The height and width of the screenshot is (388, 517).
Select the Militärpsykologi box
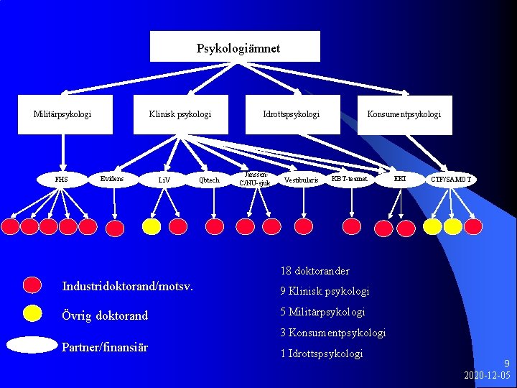tap(62, 114)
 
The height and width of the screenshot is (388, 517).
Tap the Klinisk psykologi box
tap(180, 114)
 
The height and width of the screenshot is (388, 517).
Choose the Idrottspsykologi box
tap(291, 114)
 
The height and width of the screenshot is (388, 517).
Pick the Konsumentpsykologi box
tap(404, 114)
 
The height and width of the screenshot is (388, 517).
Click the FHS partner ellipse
tap(62, 179)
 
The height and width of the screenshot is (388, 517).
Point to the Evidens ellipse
tap(112, 178)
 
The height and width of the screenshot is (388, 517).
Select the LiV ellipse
tap(164, 179)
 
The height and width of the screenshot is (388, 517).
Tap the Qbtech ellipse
tap(210, 179)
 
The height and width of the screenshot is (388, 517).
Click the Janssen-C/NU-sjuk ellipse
tap(255, 178)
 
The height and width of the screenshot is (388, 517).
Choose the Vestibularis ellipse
tap(301, 179)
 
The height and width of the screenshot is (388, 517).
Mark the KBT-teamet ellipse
tap(350, 178)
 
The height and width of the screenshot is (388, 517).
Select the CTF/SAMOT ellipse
tap(451, 178)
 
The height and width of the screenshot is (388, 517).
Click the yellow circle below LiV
tap(152, 226)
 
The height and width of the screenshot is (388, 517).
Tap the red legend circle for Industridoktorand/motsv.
tap(32, 285)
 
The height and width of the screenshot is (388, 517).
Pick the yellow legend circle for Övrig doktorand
tap(32, 313)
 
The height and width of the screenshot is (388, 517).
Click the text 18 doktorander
tap(315, 271)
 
